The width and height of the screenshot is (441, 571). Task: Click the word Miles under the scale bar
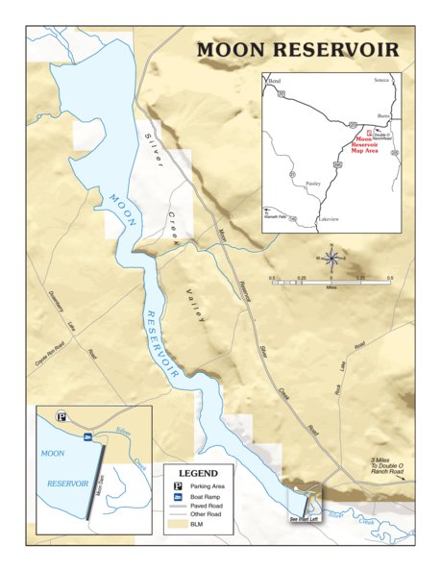331,286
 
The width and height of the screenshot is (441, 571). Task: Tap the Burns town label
383,114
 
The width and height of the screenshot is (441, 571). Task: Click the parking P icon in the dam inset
61,417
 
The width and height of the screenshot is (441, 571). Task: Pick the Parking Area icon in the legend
177,487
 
